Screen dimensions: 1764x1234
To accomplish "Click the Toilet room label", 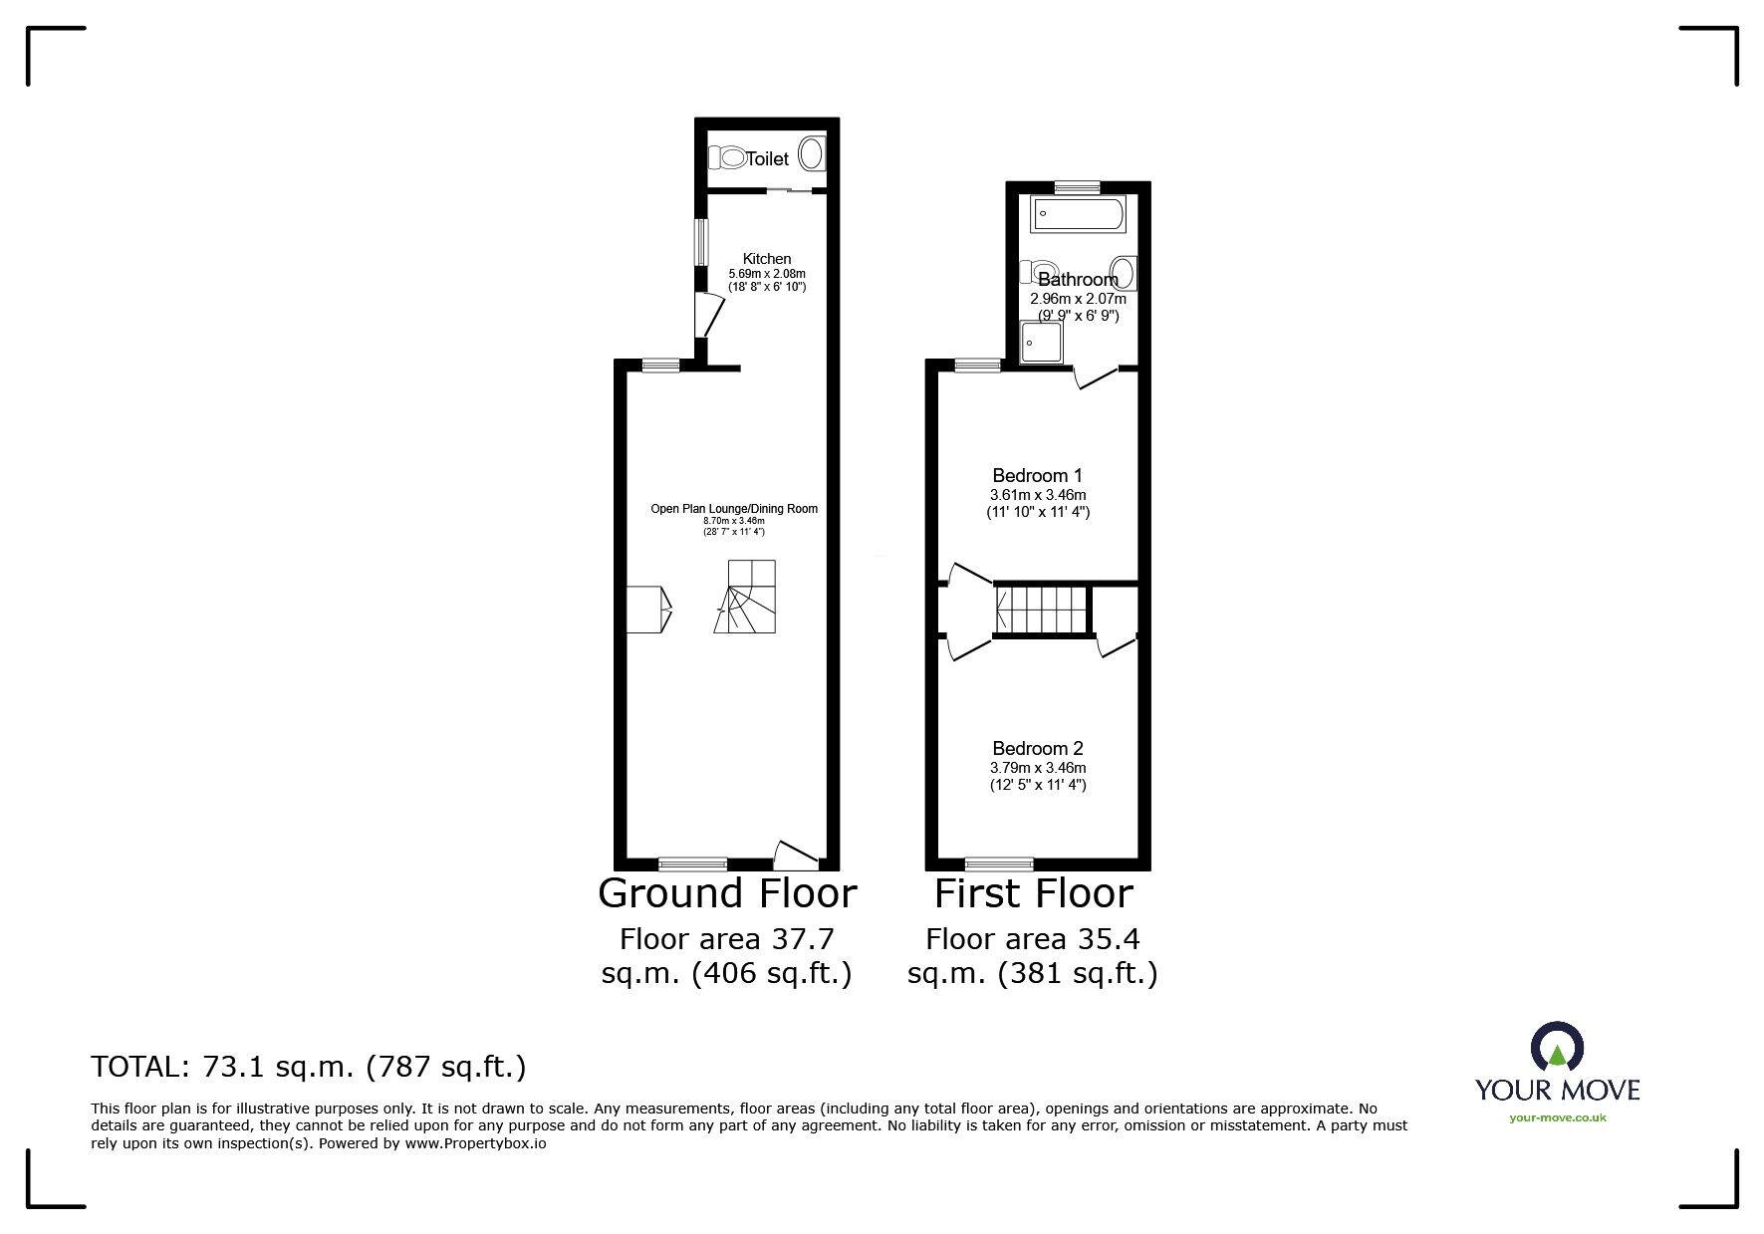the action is click(x=767, y=159).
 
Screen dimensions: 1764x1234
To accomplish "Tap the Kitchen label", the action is click(x=767, y=259).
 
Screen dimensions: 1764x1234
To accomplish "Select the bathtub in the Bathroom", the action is click(x=1079, y=214).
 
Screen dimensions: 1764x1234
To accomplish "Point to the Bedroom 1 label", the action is click(x=1037, y=476).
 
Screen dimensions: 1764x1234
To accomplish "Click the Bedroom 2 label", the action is click(x=1037, y=749).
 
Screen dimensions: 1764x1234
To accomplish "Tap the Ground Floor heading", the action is click(x=727, y=894).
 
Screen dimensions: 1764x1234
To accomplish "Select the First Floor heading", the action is click(x=1033, y=894).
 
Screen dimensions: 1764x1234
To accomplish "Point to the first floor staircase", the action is click(x=1041, y=610).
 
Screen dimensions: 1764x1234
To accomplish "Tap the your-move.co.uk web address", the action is click(x=1558, y=1117).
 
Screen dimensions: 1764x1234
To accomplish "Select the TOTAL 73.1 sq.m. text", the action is click(x=309, y=1068).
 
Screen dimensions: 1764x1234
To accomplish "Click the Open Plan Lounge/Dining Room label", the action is click(x=734, y=509).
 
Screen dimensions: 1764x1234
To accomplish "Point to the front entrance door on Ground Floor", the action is click(x=796, y=853).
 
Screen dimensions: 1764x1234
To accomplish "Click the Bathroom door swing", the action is click(x=1097, y=377).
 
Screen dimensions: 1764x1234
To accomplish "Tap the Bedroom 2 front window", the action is click(x=999, y=864).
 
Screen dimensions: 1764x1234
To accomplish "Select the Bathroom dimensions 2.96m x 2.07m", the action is click(x=1078, y=299).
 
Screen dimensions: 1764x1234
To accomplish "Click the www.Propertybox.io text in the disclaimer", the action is click(x=475, y=1144).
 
